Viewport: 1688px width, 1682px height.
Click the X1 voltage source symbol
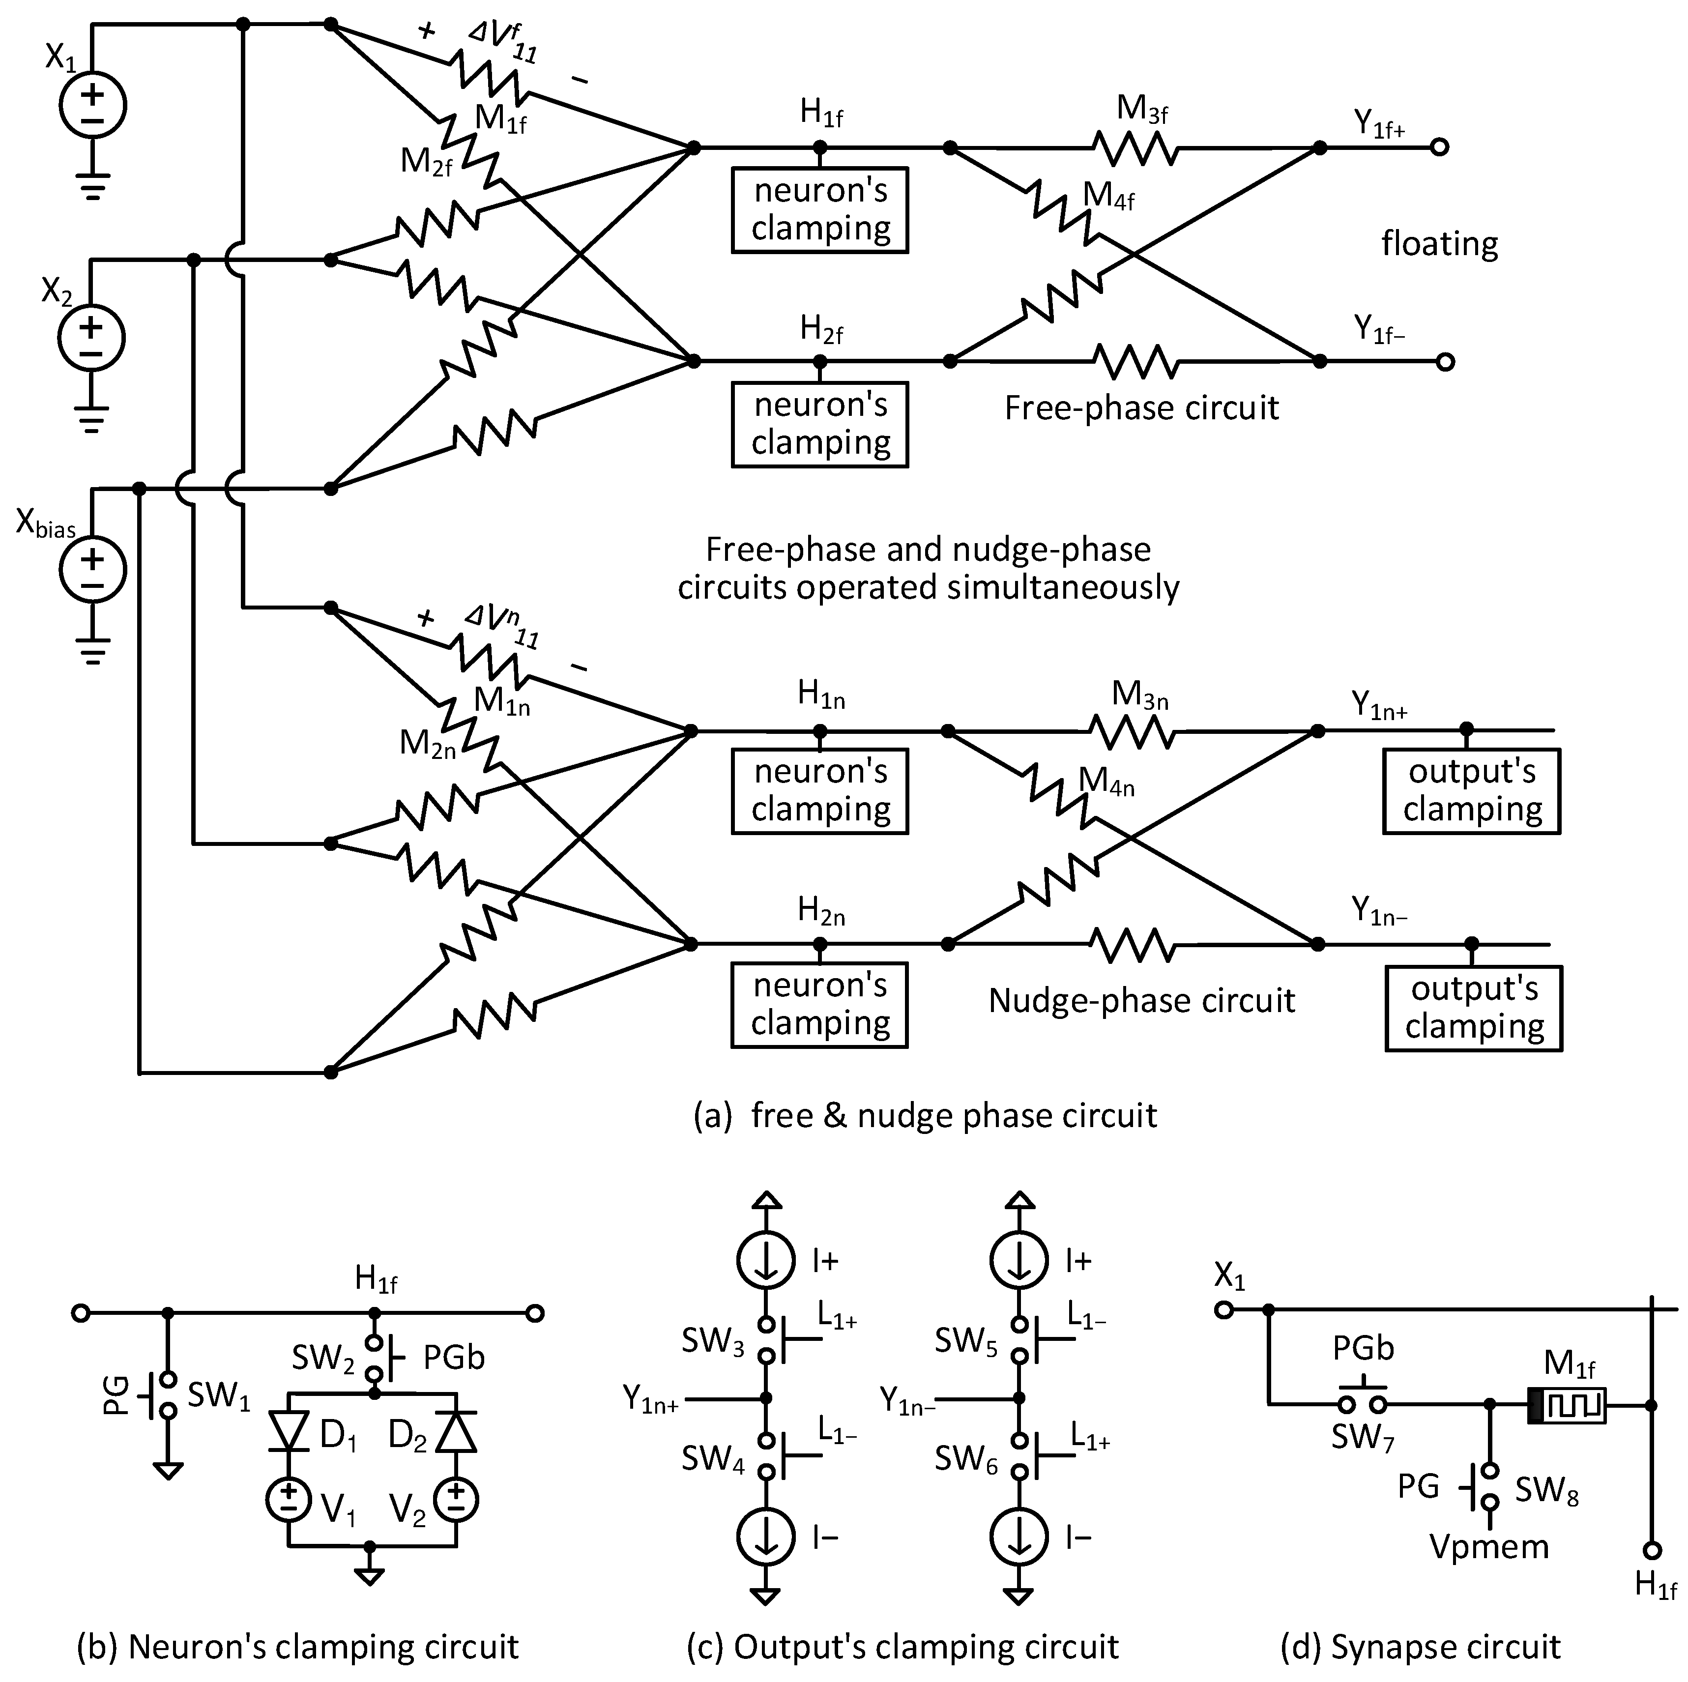[92, 106]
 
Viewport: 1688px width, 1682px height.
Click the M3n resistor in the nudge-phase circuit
[1133, 730]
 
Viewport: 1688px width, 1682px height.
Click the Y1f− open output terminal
[1445, 361]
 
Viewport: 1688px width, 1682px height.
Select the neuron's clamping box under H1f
[819, 210]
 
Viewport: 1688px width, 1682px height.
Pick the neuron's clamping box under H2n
[819, 1005]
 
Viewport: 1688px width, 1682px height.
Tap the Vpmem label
[1489, 1546]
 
